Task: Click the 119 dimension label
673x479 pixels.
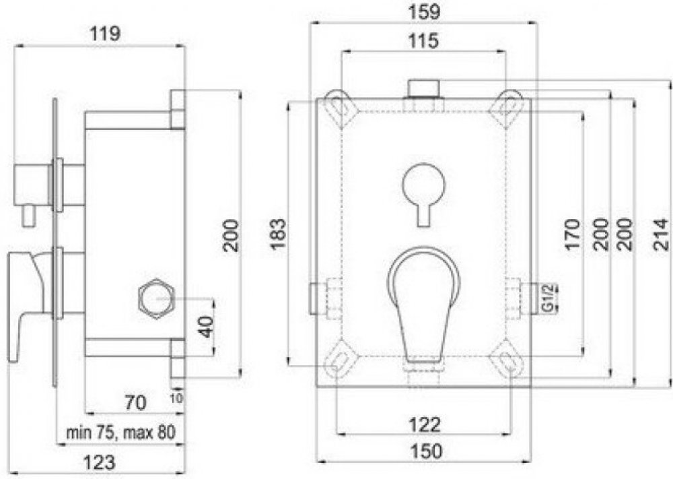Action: tap(105, 34)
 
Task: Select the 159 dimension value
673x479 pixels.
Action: tap(425, 11)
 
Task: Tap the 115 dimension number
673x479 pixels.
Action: tap(423, 41)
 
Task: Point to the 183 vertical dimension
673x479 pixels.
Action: tap(278, 234)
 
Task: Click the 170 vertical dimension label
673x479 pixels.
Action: tap(572, 234)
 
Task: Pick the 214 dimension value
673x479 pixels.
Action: tap(663, 234)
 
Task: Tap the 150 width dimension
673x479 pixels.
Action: tap(426, 451)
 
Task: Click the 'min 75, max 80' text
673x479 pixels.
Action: tap(120, 432)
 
